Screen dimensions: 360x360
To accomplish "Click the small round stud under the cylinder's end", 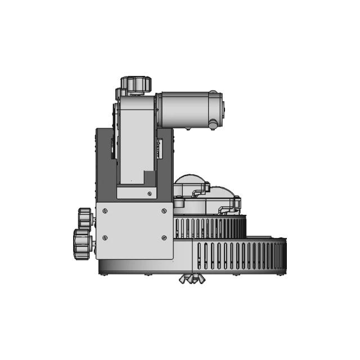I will (213, 124).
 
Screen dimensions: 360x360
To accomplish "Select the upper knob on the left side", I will (85, 217).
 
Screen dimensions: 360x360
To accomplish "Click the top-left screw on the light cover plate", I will (105, 211).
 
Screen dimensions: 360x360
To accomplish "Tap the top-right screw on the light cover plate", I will (164, 211).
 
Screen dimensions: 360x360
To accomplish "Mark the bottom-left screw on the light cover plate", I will (105, 237).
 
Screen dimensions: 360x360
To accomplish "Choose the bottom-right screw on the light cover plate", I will (164, 237).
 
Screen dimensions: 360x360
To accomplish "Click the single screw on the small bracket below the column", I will (149, 194).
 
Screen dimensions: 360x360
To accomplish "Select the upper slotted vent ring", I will (209, 228).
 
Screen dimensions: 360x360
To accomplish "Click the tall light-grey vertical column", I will (135, 141).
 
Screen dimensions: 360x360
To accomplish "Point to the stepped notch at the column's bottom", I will (150, 179).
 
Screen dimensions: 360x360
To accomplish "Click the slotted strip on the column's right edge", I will (159, 149).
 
